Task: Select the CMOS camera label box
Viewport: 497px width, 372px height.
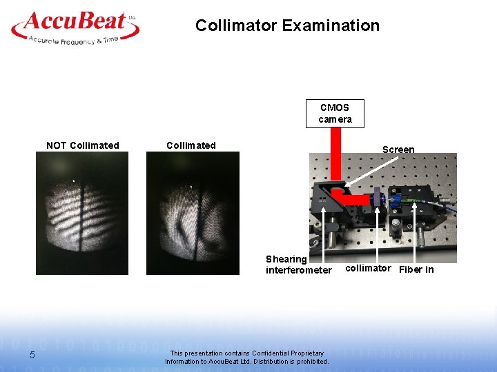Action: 335,114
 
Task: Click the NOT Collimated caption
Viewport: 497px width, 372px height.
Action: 82,145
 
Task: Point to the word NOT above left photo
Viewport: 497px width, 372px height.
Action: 56,145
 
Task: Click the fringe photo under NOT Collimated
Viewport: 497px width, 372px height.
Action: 82,213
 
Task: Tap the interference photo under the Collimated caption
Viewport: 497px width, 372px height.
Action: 193,213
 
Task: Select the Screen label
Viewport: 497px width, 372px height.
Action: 398,149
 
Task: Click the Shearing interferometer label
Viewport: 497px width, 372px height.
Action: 298,265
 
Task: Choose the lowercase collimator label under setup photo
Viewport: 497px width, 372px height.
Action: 368,268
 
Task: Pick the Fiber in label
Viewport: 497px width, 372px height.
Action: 416,269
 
